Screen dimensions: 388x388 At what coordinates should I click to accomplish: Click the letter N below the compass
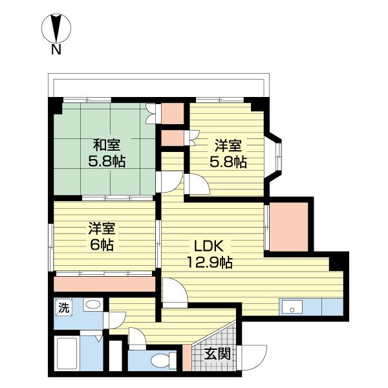pyautogui.click(x=56, y=50)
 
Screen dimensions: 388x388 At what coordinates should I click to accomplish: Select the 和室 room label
pyautogui.click(x=107, y=145)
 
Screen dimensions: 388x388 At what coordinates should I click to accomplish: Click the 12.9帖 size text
pyautogui.click(x=210, y=263)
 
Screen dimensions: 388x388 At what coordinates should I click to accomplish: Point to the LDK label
pyautogui.click(x=209, y=246)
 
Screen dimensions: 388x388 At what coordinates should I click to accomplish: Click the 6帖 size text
pyautogui.click(x=102, y=244)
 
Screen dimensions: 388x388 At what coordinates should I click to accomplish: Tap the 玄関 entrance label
pyautogui.click(x=217, y=354)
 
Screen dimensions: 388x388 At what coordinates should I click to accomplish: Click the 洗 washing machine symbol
pyautogui.click(x=63, y=308)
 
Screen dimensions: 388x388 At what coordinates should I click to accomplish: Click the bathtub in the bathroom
pyautogui.click(x=67, y=353)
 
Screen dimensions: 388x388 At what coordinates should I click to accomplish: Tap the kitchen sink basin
pyautogui.click(x=292, y=308)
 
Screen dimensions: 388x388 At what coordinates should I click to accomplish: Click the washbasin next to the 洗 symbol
pyautogui.click(x=93, y=305)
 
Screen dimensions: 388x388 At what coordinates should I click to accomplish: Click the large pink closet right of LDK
pyautogui.click(x=288, y=227)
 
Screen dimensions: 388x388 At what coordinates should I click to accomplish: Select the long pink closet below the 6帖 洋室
pyautogui.click(x=104, y=284)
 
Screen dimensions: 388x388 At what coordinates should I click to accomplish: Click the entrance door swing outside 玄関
pyautogui.click(x=252, y=356)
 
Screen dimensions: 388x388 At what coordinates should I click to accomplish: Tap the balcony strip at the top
pyautogui.click(x=158, y=85)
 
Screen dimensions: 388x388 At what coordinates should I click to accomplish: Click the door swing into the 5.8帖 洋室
pyautogui.click(x=198, y=184)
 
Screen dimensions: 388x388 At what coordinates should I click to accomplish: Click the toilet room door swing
pyautogui.click(x=137, y=338)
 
